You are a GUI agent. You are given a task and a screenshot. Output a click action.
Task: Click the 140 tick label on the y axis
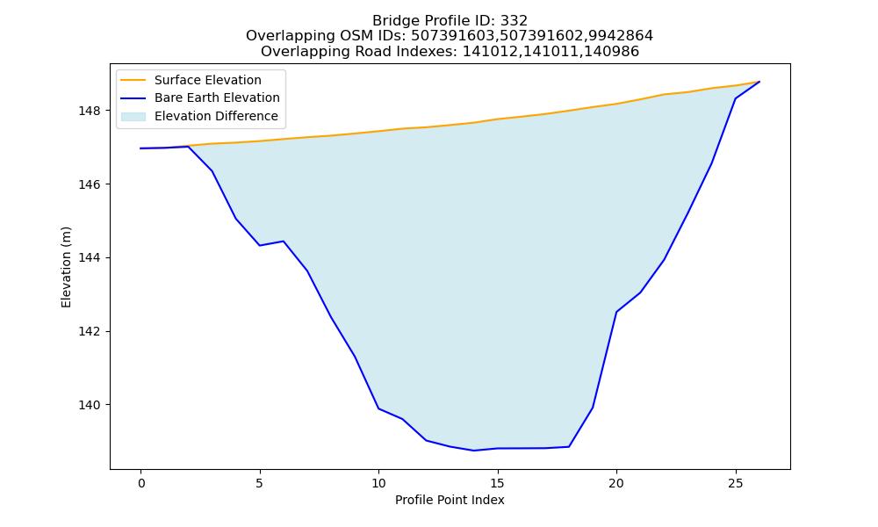click(x=90, y=405)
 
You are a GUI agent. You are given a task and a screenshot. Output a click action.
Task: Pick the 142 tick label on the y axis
click(x=90, y=331)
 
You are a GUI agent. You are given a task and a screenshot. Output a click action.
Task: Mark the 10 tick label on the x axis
click(x=378, y=483)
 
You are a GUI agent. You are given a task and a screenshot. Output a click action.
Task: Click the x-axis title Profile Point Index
click(x=450, y=500)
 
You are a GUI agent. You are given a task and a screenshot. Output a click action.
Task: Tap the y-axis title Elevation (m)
click(x=66, y=267)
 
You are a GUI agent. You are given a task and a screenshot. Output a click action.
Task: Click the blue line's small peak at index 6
click(x=284, y=242)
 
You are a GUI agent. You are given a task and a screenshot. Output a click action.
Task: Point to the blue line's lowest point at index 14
click(x=474, y=451)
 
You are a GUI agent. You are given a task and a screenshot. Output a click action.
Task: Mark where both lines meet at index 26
click(x=759, y=82)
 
